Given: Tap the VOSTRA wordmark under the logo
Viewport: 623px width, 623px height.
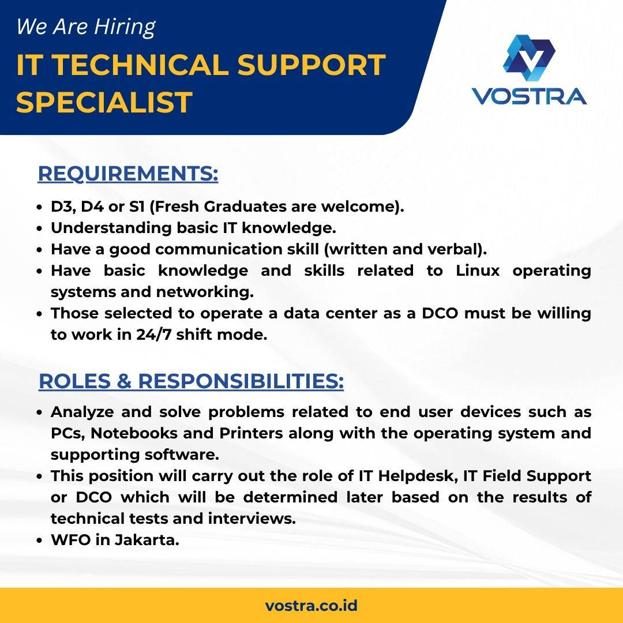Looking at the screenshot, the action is point(529,96).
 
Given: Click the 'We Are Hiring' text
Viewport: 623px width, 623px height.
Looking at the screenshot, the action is point(86,27).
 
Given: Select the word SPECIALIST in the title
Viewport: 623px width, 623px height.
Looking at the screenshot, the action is point(104,102).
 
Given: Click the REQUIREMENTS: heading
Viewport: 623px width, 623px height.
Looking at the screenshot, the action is point(128,174).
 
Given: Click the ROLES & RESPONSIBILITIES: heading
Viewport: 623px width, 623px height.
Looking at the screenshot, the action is point(191,381).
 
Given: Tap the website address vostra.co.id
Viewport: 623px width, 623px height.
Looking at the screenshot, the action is point(311,606).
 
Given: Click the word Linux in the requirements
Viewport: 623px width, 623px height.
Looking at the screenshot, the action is point(478,271).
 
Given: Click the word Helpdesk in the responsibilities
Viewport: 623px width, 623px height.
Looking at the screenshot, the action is point(417,476).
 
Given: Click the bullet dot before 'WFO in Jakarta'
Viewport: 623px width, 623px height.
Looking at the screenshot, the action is point(39,541).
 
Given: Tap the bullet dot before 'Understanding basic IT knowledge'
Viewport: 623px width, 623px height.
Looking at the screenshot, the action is point(39,229).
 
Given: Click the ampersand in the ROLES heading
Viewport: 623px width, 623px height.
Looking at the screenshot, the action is point(125,381).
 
